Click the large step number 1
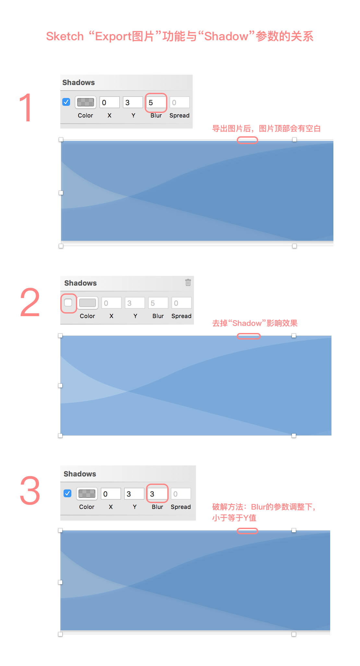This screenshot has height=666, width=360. [26, 107]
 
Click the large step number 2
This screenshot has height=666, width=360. [30, 302]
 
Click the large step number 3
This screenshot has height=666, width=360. [30, 490]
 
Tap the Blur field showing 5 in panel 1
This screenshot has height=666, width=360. [156, 103]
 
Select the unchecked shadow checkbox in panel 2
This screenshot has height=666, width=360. [68, 302]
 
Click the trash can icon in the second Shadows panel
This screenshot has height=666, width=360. [188, 282]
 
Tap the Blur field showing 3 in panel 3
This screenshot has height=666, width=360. [157, 494]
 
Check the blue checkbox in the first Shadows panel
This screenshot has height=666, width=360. [66, 102]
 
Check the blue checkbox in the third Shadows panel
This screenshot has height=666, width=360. [67, 493]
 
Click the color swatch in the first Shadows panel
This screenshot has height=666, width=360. [86, 102]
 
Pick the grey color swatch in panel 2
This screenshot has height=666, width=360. [88, 303]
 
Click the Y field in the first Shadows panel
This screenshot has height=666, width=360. [133, 103]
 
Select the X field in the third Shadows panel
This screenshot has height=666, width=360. [111, 494]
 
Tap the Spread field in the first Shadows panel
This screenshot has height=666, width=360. [179, 103]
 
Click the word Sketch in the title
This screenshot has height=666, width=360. [65, 36]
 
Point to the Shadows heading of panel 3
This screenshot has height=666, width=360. [80, 474]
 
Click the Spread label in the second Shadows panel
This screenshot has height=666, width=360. [181, 316]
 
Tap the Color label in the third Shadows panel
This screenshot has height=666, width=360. [87, 507]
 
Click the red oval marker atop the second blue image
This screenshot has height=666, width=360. [248, 336]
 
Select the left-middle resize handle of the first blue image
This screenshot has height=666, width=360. [61, 193]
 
